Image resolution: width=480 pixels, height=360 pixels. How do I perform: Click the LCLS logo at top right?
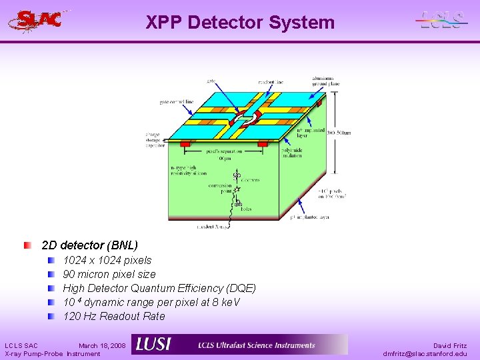[x=441, y=21]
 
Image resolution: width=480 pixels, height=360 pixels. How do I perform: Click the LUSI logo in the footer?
[x=153, y=345]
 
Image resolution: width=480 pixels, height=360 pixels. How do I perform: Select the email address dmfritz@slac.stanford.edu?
[x=425, y=353]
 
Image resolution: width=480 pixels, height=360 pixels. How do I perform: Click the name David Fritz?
[x=450, y=345]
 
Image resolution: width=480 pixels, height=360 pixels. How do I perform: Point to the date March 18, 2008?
[x=101, y=345]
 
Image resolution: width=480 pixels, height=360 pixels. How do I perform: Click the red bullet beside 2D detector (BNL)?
[x=27, y=245]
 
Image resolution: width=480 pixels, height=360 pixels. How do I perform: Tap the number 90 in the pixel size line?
[x=69, y=274]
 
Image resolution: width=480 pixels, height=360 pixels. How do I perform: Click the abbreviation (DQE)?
[x=241, y=288]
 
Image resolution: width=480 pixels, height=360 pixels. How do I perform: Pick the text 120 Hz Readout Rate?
[x=114, y=316]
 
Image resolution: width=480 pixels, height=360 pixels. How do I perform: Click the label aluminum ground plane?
[x=325, y=81]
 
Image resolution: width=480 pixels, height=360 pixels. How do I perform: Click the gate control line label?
[x=176, y=102]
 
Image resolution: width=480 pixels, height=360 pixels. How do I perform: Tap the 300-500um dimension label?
[x=338, y=133]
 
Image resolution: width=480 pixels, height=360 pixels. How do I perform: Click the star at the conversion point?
[x=236, y=190]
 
